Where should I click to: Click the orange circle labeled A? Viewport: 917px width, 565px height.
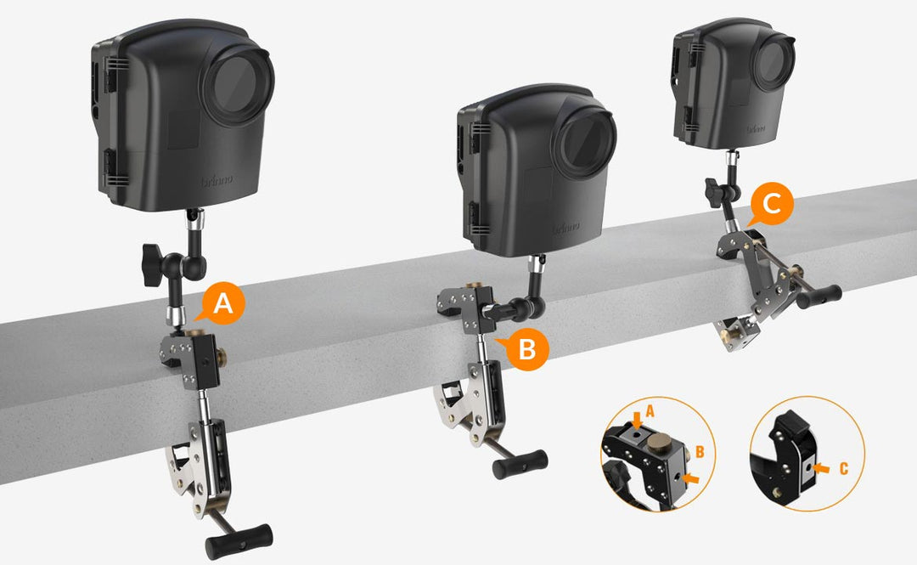(222, 303)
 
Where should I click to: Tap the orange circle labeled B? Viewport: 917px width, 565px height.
(527, 348)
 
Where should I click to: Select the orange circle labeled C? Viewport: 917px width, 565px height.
(772, 205)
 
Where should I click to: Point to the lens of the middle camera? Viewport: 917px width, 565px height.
(583, 142)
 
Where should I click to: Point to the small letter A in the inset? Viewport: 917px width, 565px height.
(650, 409)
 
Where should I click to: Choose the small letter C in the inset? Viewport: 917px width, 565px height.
(843, 467)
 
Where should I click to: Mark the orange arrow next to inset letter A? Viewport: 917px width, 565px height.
(637, 419)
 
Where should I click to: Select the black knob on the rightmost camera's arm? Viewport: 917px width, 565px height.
(711, 186)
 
